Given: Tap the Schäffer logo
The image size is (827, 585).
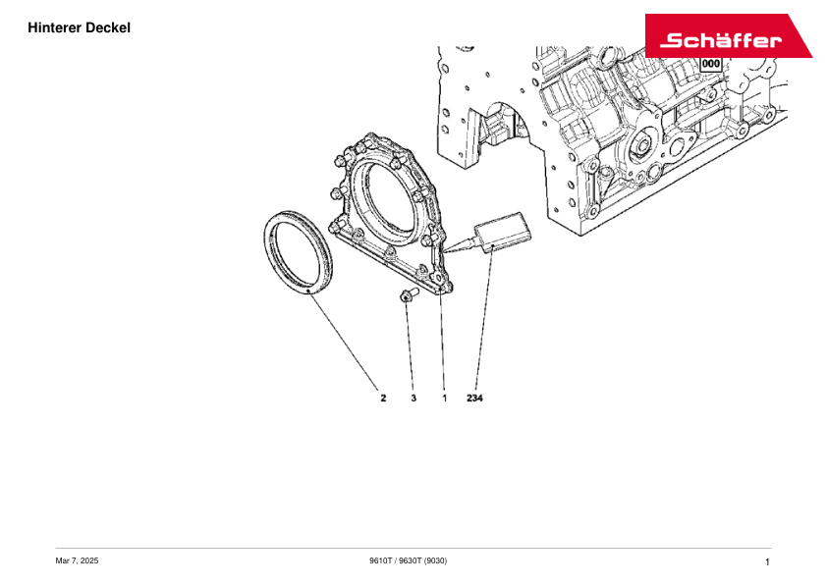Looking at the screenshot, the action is click(729, 36).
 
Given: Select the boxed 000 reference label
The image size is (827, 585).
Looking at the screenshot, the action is click(710, 64).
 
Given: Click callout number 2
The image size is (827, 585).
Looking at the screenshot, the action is click(383, 398).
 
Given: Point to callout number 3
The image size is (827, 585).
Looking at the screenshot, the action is click(413, 398).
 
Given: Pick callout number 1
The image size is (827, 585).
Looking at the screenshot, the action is click(445, 398).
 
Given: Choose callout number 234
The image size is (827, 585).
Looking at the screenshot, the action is click(474, 398).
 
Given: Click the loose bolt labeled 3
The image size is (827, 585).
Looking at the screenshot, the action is click(409, 294).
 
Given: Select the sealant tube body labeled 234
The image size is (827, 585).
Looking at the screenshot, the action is click(503, 232).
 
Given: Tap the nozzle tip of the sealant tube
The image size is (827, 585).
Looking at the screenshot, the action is click(444, 251).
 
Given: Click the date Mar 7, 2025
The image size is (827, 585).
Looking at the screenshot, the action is click(77, 560).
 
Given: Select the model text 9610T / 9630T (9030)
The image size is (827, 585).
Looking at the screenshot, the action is click(409, 560).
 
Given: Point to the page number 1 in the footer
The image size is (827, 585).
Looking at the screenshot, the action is click(767, 562).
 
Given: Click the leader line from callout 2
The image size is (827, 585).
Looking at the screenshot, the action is click(344, 343).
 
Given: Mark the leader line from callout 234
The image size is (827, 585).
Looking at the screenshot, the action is click(484, 318).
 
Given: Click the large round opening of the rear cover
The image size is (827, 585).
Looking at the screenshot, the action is click(391, 196).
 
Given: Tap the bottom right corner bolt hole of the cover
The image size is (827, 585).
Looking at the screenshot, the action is click(437, 278).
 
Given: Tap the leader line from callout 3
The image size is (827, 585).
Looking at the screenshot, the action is click(410, 345).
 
